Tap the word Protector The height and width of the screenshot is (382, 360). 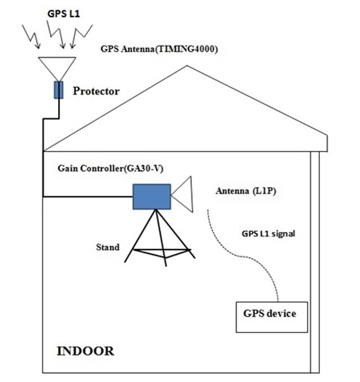96,92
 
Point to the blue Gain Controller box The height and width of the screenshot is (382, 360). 151,196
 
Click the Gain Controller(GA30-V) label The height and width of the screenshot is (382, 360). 97,168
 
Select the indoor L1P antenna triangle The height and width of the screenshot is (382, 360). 184,194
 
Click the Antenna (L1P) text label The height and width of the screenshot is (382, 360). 245,191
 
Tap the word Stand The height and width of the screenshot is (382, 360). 108,247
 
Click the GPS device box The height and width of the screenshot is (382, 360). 272,317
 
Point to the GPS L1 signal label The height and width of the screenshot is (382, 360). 268,234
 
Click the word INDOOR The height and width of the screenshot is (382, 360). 85,351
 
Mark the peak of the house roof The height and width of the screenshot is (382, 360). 187,66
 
